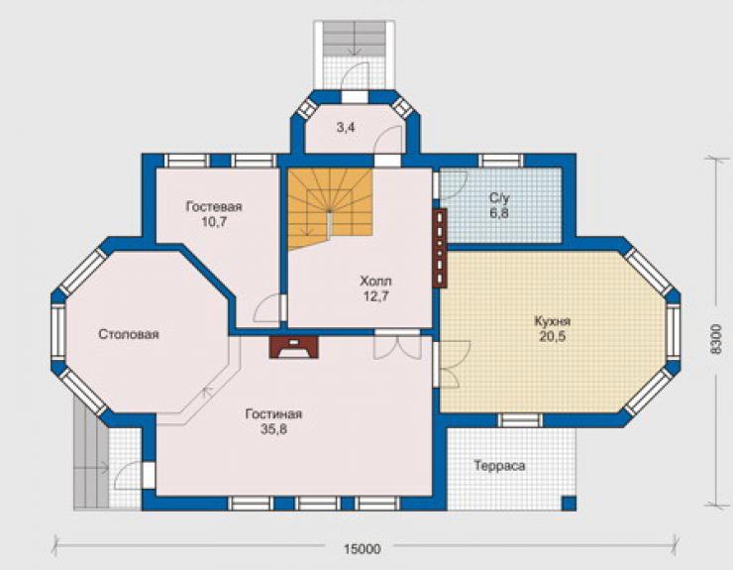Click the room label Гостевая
coord(214,206)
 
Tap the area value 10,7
coord(214,222)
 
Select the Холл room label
coord(375,282)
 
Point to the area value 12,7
coord(375,296)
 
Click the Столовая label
coord(129,334)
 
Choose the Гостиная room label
coord(273,414)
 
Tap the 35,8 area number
coord(273,429)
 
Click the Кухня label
coord(552,321)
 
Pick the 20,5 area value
coord(553,336)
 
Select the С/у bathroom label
coord(499,198)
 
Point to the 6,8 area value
coord(499,213)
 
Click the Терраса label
coord(499,466)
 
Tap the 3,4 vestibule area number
coord(346,127)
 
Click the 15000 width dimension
coord(363,549)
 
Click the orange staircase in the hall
coord(330,208)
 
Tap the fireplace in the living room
coord(294,347)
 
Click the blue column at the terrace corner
coord(569,503)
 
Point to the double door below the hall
coord(397,344)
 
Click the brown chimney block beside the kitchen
coord(441,248)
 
